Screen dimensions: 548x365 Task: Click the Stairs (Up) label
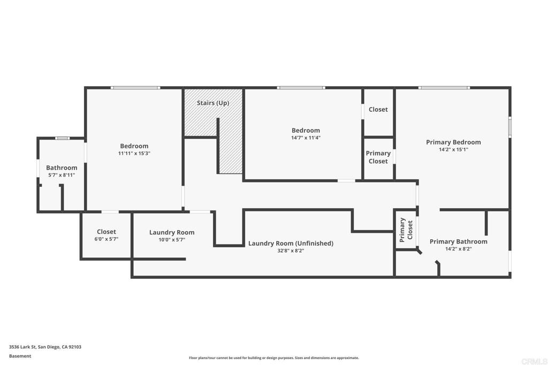coord(213,103)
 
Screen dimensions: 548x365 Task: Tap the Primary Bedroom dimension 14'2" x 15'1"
coord(453,150)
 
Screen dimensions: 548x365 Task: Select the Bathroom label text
coord(62,168)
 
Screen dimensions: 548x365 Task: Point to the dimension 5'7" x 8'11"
coord(62,175)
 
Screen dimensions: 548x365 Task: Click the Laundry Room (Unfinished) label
coord(291,244)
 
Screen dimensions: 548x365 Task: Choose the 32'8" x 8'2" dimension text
coord(291,250)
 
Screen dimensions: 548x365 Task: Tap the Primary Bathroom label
coord(458,241)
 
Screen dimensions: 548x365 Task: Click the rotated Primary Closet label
coord(406,230)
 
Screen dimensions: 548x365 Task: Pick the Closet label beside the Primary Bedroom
coord(378,109)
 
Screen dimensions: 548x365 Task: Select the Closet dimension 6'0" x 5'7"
coord(106,239)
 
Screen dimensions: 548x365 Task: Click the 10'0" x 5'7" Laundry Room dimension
coord(172,240)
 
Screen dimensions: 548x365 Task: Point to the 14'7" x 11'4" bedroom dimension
coord(306,138)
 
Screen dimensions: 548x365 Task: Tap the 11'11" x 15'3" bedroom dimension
coord(134,154)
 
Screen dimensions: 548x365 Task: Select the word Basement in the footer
coord(20,356)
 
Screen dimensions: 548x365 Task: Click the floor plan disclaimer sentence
coord(274,358)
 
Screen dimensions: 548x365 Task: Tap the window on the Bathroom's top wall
coord(63,138)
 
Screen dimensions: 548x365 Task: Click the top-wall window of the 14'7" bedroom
coord(301,88)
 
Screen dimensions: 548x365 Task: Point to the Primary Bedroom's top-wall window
coord(444,88)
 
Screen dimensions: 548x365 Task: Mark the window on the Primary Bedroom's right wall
coord(510,127)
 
